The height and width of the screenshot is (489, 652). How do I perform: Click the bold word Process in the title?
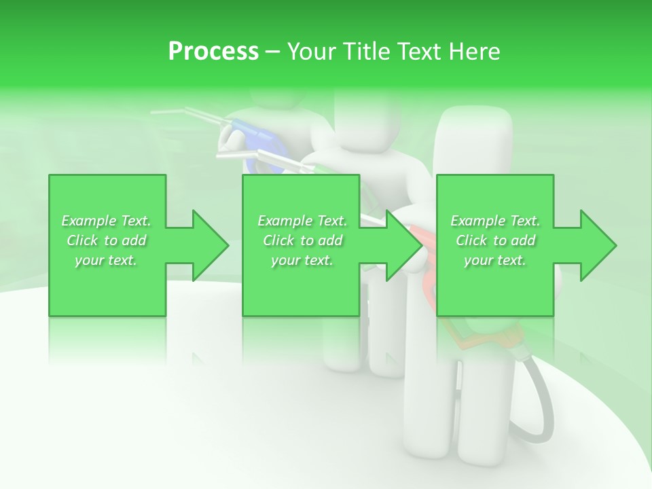(x=213, y=52)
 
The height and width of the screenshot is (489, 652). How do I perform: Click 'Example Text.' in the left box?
(x=107, y=221)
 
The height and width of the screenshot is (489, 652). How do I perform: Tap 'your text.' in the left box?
(x=107, y=260)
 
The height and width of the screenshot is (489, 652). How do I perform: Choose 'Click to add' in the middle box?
(x=302, y=240)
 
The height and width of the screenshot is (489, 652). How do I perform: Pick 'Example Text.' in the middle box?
(x=302, y=221)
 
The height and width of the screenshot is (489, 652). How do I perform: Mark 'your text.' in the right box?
(x=495, y=260)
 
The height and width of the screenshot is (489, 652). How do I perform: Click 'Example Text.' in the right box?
(x=495, y=221)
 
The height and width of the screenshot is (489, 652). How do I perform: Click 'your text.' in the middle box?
(x=302, y=260)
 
